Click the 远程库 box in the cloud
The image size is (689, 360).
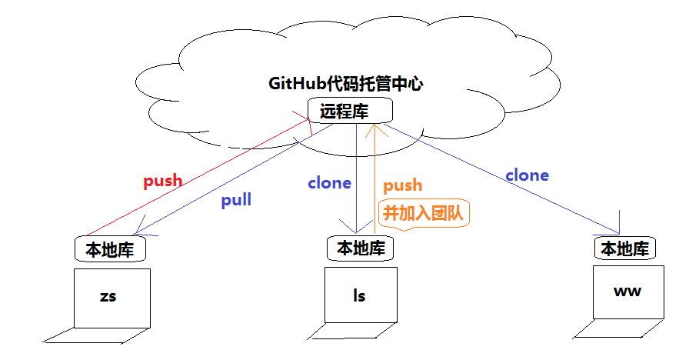click(344, 111)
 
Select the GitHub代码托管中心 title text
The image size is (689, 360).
click(345, 84)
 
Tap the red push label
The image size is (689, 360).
click(163, 182)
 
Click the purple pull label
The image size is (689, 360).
click(236, 200)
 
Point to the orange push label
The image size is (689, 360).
click(403, 185)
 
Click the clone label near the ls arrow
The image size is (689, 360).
click(329, 183)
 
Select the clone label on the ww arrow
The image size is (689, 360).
click(527, 175)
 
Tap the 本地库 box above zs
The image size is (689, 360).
click(110, 250)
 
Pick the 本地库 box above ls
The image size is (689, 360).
click(361, 248)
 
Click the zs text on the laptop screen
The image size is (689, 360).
click(108, 296)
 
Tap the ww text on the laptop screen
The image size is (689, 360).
click(627, 292)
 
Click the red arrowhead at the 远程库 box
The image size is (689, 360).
click(306, 122)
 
